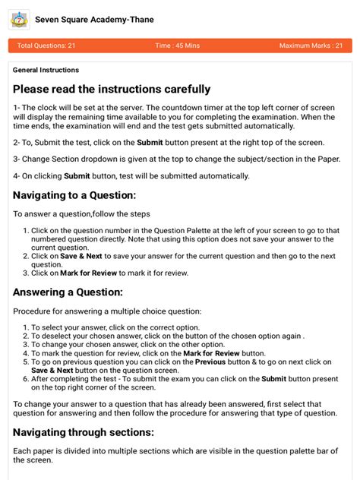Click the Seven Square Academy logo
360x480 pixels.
(19, 20)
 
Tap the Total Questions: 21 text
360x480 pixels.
(46, 46)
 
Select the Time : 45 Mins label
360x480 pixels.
(178, 46)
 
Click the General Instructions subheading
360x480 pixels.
(46, 70)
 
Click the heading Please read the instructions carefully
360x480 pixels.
(112, 90)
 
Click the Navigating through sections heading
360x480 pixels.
(84, 432)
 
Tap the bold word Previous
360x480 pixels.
(210, 362)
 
